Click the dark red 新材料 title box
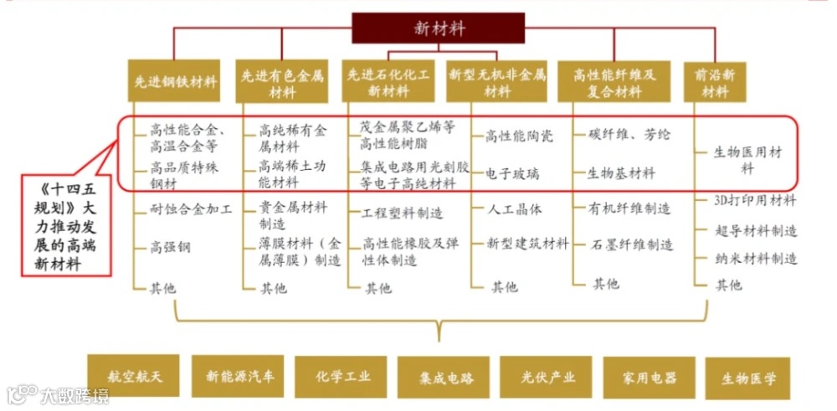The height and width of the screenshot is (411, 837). (x=439, y=28)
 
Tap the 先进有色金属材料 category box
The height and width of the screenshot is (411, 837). (x=282, y=82)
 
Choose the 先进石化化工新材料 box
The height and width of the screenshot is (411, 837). (x=388, y=82)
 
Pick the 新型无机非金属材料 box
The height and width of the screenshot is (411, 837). (x=496, y=82)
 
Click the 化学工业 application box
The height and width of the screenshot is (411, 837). (x=343, y=376)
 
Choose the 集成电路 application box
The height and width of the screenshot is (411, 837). (x=446, y=378)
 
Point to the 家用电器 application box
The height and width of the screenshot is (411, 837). (x=650, y=378)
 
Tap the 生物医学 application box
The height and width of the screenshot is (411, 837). (x=749, y=378)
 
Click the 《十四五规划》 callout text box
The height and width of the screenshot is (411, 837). (x=64, y=223)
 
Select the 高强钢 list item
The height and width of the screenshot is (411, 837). (x=170, y=247)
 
